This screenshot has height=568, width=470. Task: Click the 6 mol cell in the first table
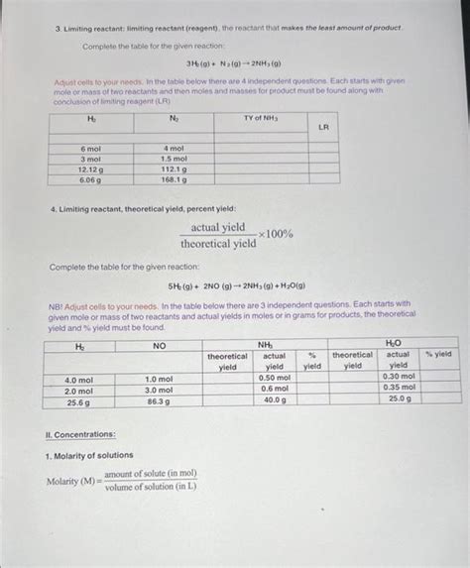pyautogui.click(x=90, y=148)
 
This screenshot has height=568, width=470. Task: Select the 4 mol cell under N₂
pyautogui.click(x=175, y=148)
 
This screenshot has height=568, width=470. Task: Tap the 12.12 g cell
pyautogui.click(x=90, y=169)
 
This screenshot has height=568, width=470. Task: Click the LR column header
pyautogui.click(x=323, y=127)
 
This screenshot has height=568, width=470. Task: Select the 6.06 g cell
pyautogui.click(x=90, y=179)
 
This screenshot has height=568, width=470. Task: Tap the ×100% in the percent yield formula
pyautogui.click(x=275, y=234)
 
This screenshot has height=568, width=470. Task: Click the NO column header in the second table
pyautogui.click(x=159, y=345)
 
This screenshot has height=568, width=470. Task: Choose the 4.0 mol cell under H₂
pyautogui.click(x=78, y=378)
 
